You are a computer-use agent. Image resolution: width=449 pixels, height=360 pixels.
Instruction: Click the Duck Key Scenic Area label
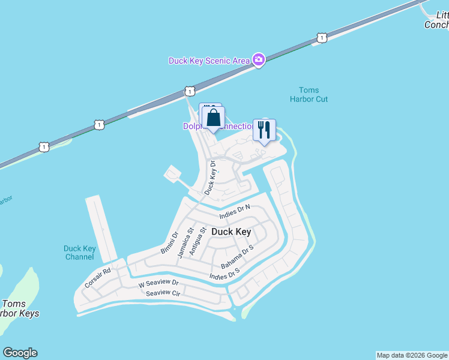pos(209,61)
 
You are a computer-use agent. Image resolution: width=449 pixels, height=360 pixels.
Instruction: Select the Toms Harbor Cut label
pos(309,94)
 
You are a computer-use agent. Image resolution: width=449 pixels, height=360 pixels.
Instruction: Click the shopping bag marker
pos(213,118)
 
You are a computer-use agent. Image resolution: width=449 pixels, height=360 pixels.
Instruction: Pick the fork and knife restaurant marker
pos(264,130)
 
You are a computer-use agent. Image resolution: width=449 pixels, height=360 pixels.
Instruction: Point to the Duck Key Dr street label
pos(209,177)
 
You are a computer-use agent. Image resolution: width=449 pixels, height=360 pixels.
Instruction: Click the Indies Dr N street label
pos(234,212)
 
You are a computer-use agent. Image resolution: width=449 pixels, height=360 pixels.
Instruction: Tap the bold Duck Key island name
pos(231,232)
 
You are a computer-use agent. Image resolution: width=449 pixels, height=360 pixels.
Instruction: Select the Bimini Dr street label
pos(170,243)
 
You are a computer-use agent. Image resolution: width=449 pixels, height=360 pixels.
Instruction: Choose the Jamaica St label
pos(185,242)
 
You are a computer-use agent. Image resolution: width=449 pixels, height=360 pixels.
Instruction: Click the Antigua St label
pos(197,241)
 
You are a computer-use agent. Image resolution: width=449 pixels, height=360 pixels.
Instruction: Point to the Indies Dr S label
pos(224,274)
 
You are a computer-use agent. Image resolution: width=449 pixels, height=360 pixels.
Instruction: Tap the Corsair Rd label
pos(98,278)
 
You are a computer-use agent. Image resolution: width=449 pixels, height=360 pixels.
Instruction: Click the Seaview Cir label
pos(163,293)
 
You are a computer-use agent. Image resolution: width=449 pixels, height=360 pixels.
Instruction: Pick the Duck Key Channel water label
pos(79,253)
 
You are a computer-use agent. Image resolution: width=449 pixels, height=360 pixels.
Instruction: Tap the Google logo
pos(20,353)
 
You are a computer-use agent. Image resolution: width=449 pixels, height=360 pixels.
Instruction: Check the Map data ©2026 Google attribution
pos(412,355)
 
